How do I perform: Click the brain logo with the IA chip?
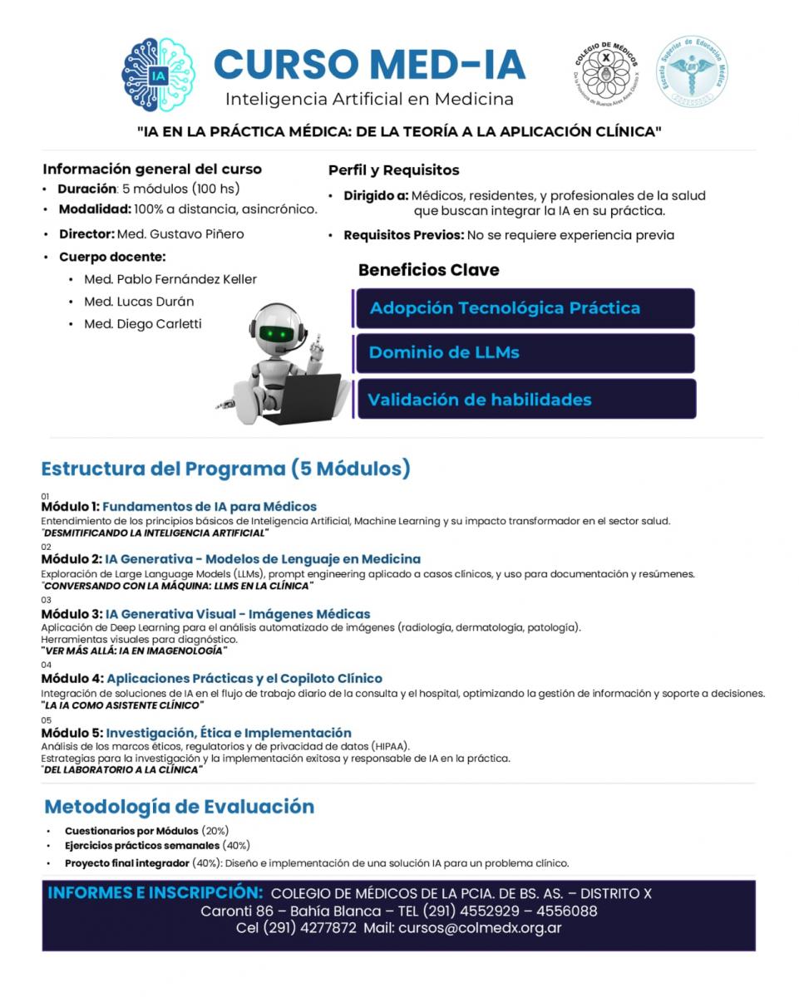point(158,75)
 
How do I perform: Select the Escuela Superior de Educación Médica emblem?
point(691,71)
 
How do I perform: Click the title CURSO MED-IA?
point(369,65)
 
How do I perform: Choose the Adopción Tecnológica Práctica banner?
point(524,308)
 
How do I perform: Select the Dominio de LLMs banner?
point(524,352)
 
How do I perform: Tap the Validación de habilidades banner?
point(524,400)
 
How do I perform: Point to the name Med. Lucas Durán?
point(139,302)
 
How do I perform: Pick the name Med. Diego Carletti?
point(143,324)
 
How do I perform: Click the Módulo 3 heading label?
point(72,614)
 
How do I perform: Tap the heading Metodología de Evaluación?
point(179,807)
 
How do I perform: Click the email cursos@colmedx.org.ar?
point(480,928)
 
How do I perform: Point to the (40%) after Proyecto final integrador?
point(206,863)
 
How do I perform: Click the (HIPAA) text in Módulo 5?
point(389,746)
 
